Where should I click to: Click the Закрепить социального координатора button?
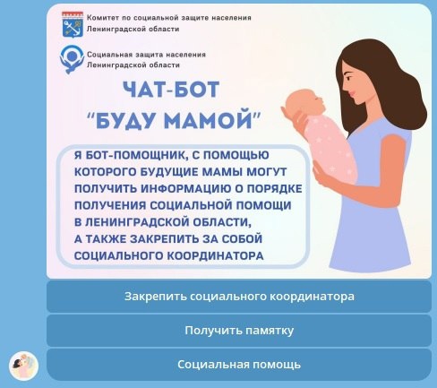point(239,297)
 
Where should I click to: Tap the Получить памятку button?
point(239,331)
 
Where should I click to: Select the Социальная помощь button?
point(239,365)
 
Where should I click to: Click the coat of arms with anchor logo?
point(73,24)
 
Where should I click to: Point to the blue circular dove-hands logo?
point(72,59)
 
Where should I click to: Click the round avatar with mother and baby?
point(24,366)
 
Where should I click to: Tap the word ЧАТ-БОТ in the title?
point(171,90)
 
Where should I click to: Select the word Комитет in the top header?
point(99,18)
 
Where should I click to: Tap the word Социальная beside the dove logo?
point(109,55)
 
